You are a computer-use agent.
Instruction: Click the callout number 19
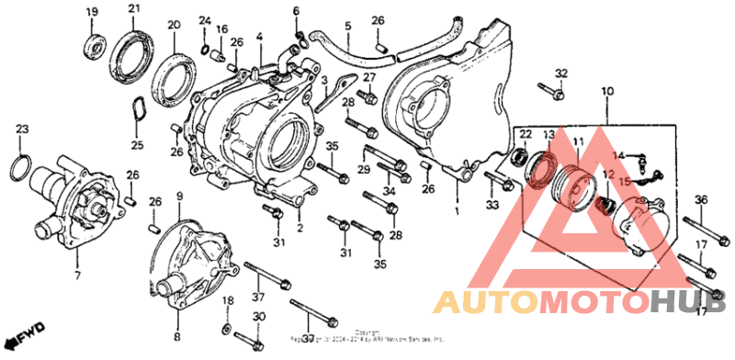point(91,11)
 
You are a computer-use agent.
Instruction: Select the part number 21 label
point(133,9)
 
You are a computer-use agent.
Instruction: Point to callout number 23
point(22,129)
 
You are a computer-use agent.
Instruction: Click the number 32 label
point(561,73)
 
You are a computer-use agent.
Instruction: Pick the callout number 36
point(700,200)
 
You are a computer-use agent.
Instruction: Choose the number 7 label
point(77,276)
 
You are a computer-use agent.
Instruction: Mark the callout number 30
point(259,317)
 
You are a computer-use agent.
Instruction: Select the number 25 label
point(137,145)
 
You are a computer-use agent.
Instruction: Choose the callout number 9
point(179,196)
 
